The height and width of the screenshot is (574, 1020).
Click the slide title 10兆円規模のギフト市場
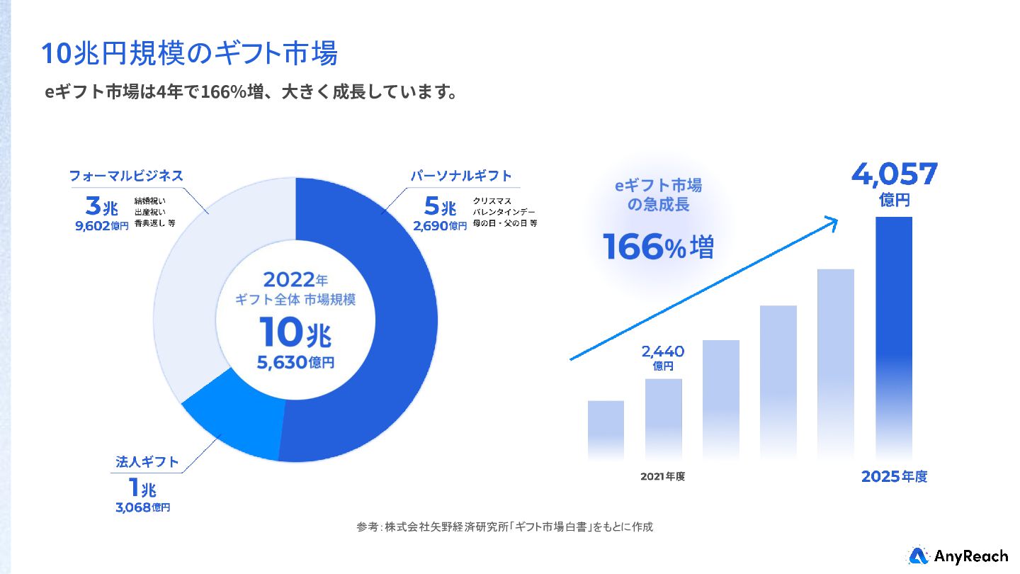(189, 54)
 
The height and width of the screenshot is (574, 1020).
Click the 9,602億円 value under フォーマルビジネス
(102, 227)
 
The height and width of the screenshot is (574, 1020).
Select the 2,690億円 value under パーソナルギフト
(441, 227)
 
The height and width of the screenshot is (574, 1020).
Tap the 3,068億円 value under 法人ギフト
(142, 507)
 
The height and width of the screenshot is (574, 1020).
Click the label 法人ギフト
(147, 463)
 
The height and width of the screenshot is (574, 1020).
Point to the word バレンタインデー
(505, 213)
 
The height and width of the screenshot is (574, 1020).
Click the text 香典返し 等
(154, 223)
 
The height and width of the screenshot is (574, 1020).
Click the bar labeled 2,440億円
(663, 418)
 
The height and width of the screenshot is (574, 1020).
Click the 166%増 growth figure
(658, 247)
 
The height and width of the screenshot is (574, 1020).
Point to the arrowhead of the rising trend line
(833, 222)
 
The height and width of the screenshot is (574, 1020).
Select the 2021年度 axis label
(662, 476)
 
